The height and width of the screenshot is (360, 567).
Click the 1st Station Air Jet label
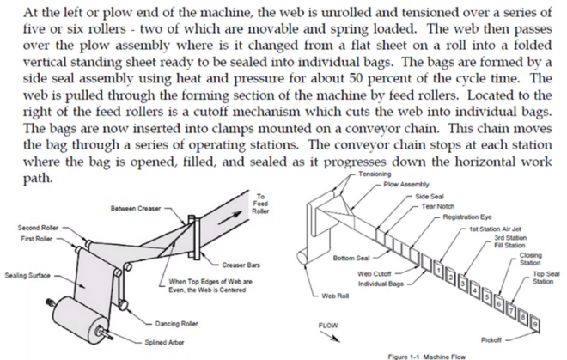click(496, 229)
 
